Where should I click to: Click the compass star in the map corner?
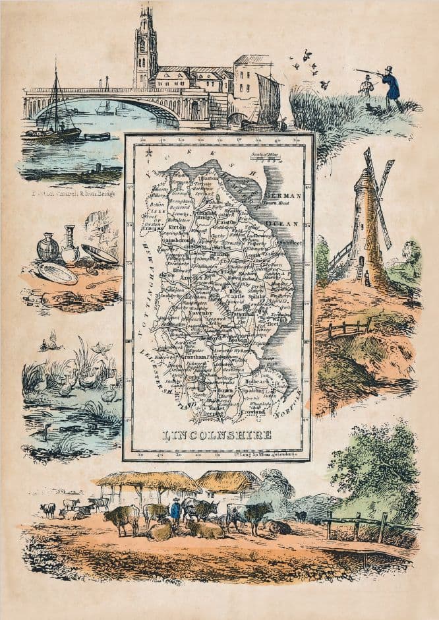[x=148, y=154]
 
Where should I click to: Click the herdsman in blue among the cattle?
[x=175, y=510]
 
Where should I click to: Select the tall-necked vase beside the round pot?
[x=70, y=247]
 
